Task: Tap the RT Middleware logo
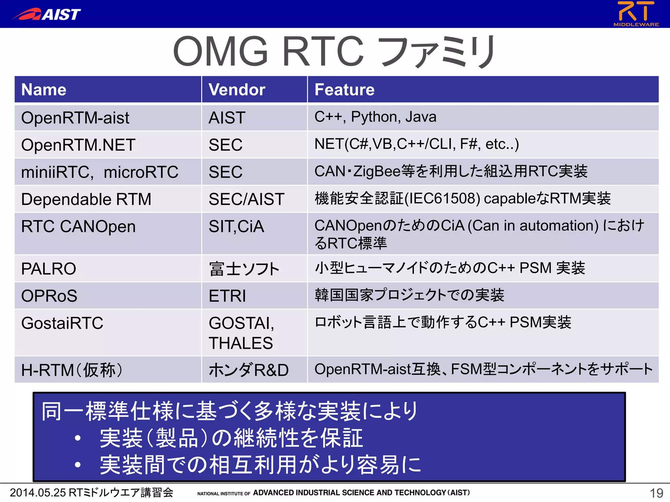(x=636, y=13)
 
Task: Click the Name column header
(x=44, y=90)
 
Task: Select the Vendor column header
(x=237, y=90)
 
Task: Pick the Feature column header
(x=344, y=90)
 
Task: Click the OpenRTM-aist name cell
(x=75, y=118)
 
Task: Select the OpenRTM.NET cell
(x=78, y=145)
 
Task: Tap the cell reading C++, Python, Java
(x=375, y=117)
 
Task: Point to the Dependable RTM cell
(x=86, y=199)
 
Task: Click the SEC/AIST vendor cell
(x=246, y=199)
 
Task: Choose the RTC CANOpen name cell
(x=78, y=226)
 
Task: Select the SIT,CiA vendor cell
(x=236, y=226)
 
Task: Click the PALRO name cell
(x=48, y=269)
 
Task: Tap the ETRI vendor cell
(x=227, y=296)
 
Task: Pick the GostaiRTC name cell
(x=62, y=323)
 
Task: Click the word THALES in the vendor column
(x=240, y=343)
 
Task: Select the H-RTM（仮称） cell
(x=72, y=370)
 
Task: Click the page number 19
(x=656, y=493)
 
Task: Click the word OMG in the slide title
(x=221, y=52)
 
